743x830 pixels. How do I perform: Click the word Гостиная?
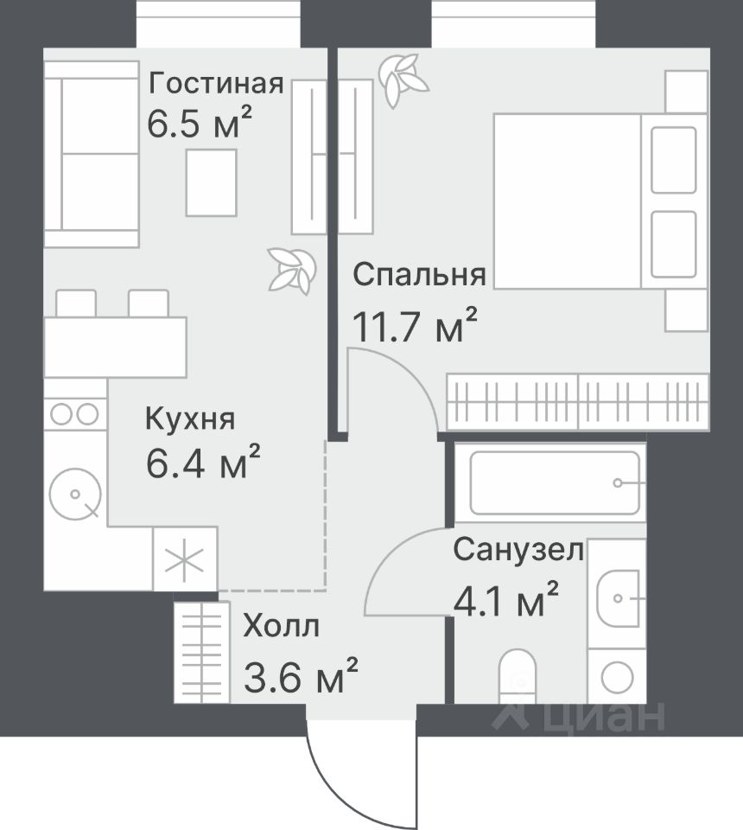coord(216,84)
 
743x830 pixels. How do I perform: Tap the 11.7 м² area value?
coord(414,326)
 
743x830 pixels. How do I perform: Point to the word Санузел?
coord(518,550)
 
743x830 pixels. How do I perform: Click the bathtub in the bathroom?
coord(550,482)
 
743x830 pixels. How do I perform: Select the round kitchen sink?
coord(75,495)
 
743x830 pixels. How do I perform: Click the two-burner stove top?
coord(74,413)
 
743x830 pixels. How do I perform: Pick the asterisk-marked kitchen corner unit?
coord(185,558)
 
